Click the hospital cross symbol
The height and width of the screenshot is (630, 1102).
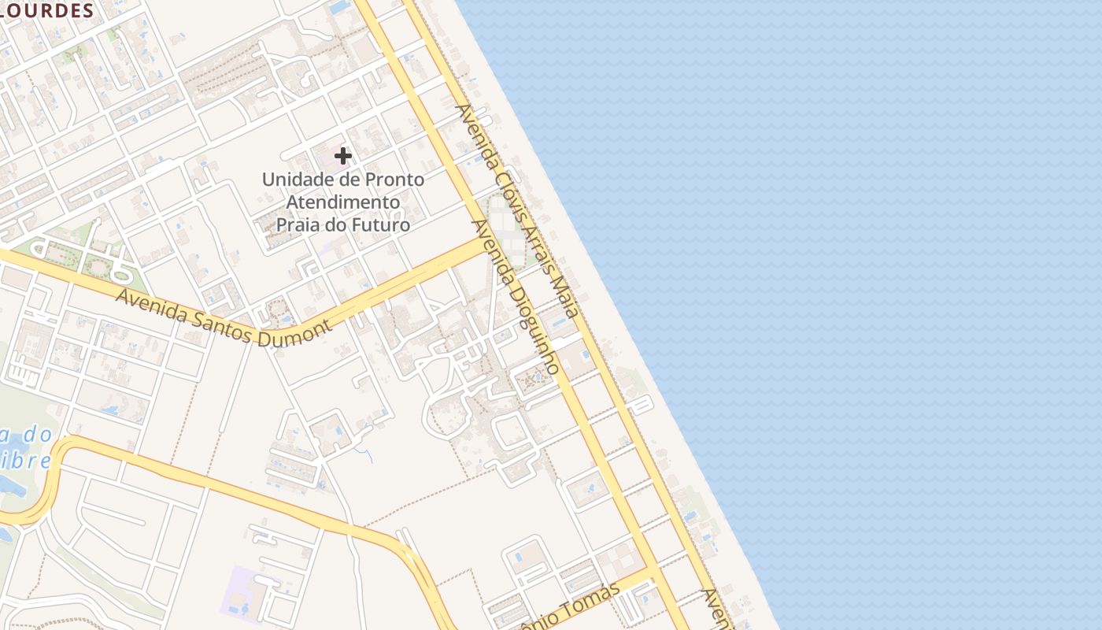[343, 156]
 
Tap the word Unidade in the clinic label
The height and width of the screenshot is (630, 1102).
[293, 180]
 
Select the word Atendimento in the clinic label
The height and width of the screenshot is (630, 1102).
[342, 202]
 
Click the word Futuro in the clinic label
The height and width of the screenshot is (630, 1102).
[382, 225]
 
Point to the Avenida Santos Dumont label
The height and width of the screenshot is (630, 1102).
[224, 318]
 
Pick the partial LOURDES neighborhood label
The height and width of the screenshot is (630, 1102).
[47, 10]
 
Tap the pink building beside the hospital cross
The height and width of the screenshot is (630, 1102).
[331, 154]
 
